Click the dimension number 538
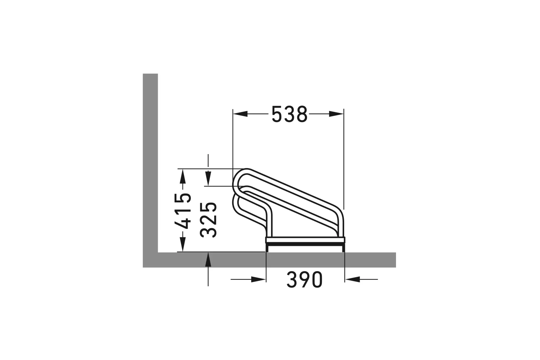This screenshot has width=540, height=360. tap(289, 114)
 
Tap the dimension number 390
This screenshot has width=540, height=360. tap(305, 279)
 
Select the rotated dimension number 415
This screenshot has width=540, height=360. tap(183, 211)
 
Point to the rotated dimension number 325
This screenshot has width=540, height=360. tap(208, 220)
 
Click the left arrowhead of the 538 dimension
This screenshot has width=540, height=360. tap(240, 114)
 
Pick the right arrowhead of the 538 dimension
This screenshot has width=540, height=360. tap(336, 114)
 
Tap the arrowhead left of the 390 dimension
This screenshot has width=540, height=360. tap(258, 279)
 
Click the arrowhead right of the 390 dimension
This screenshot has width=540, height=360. tap(352, 279)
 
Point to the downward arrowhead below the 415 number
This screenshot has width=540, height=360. tap(183, 244)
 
